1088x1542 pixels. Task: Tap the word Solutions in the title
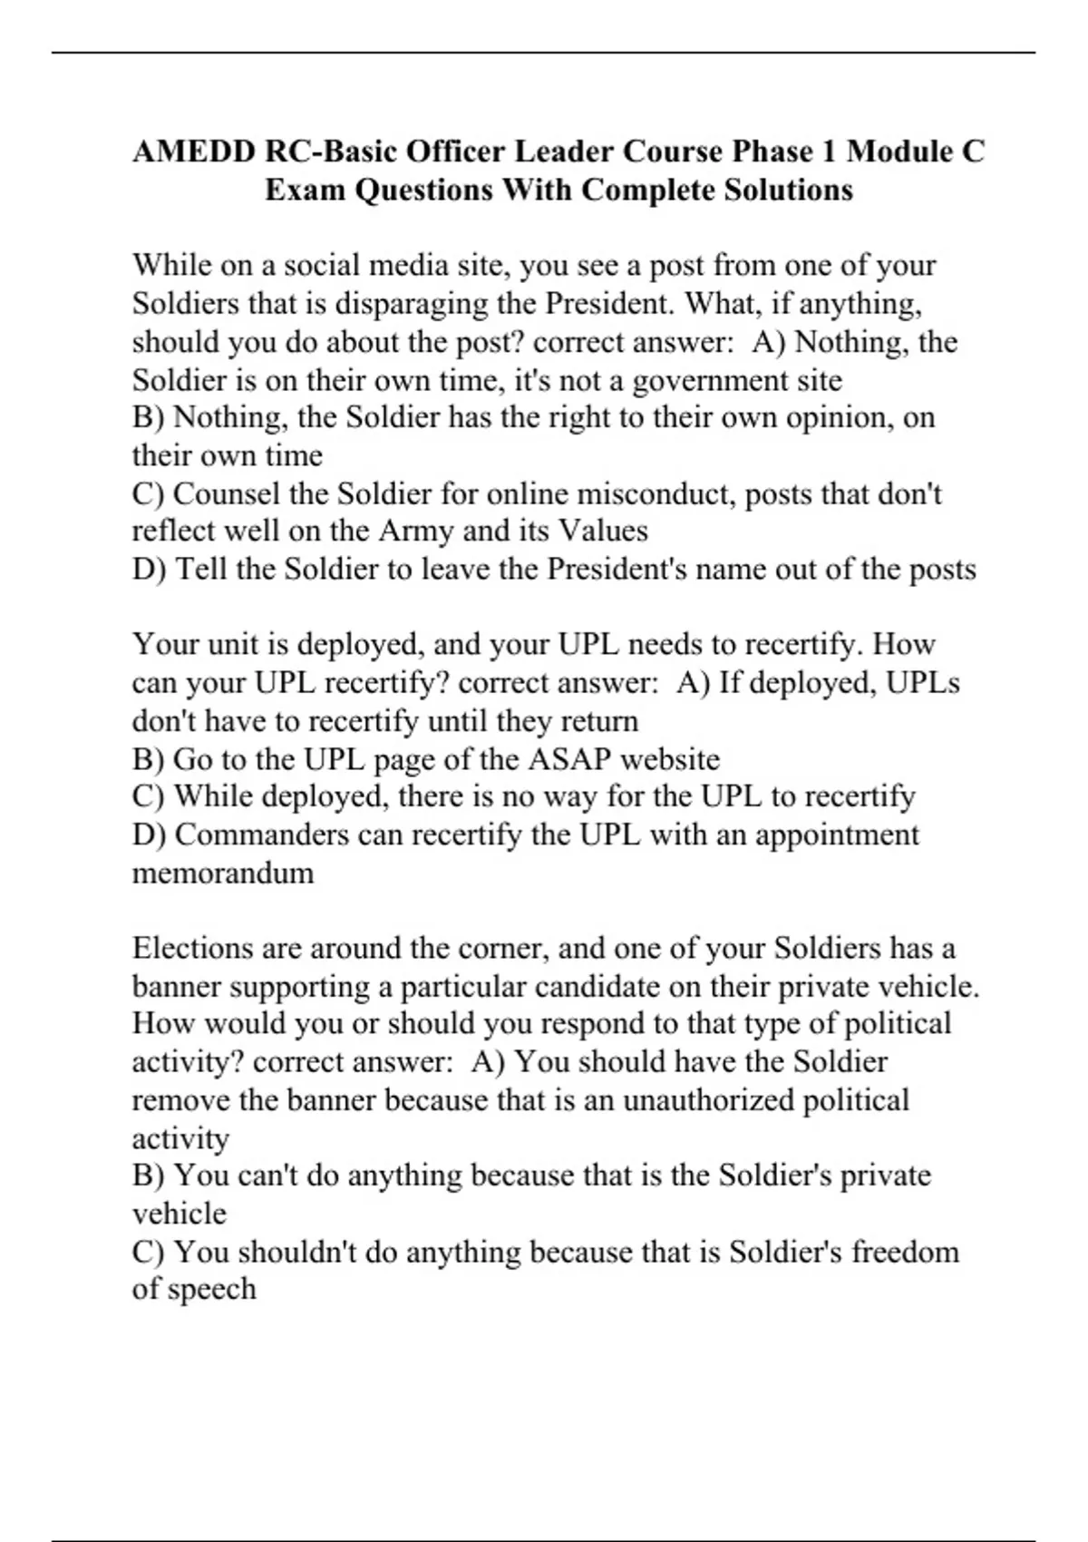pos(787,190)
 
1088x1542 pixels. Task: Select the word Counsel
pos(228,493)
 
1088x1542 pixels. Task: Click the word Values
pos(603,531)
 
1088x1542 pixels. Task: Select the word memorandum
pos(223,873)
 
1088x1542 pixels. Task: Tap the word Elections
pos(192,948)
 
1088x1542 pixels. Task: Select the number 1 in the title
pos(828,151)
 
